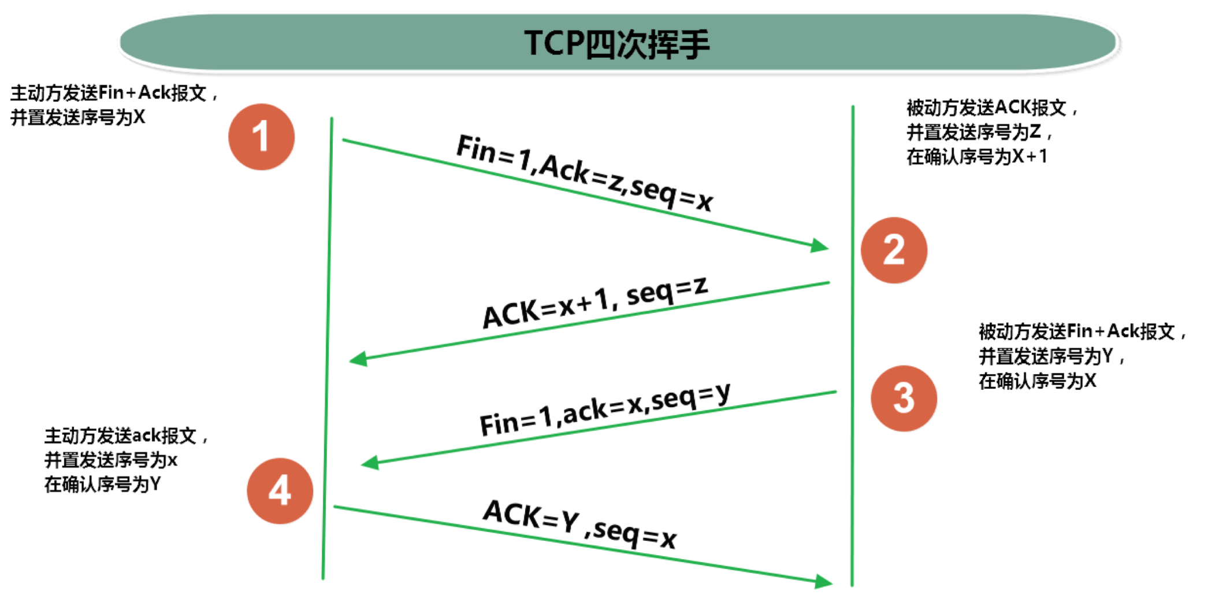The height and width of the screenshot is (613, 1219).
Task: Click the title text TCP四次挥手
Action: pyautogui.click(x=616, y=43)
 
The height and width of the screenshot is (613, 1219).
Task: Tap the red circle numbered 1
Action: pyautogui.click(x=262, y=137)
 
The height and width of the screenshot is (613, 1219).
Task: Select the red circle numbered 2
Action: pyautogui.click(x=894, y=250)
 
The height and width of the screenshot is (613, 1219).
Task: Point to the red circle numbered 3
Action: pyautogui.click(x=904, y=398)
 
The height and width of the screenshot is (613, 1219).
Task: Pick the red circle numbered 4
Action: pyautogui.click(x=280, y=491)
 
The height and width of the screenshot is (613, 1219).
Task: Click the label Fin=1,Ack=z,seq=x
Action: pyautogui.click(x=585, y=172)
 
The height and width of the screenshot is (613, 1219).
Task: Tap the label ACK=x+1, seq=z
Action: pyautogui.click(x=595, y=302)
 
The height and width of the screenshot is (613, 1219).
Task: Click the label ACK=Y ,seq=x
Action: pyautogui.click(x=580, y=524)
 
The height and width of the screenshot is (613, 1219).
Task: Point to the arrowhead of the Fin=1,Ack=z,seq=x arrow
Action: pyautogui.click(x=820, y=246)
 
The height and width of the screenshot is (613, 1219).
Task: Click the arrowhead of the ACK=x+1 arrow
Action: pyautogui.click(x=358, y=359)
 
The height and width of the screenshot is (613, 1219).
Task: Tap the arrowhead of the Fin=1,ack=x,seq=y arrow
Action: pyautogui.click(x=370, y=463)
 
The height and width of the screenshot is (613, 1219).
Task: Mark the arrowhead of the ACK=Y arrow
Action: pyautogui.click(x=824, y=582)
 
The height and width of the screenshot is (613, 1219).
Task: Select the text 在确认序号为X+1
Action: pyautogui.click(x=976, y=157)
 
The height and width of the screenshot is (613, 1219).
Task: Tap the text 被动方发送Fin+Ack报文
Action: pyautogui.click(x=1077, y=331)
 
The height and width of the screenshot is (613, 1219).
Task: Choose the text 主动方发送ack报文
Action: pyautogui.click(x=121, y=435)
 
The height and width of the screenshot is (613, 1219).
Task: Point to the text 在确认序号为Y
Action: pyautogui.click(x=103, y=485)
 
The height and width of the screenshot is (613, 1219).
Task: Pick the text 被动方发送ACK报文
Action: pyautogui.click(x=987, y=108)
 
